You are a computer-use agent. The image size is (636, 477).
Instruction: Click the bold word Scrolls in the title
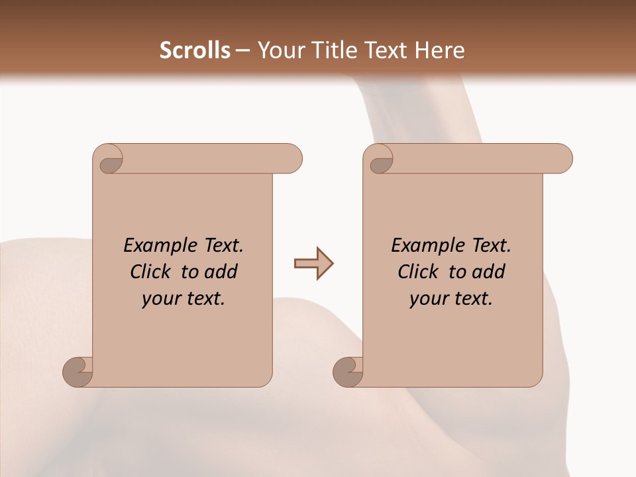pyautogui.click(x=195, y=50)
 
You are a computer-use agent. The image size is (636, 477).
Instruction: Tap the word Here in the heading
pyautogui.click(x=439, y=50)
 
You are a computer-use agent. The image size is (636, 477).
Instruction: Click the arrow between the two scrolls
pyautogui.click(x=313, y=264)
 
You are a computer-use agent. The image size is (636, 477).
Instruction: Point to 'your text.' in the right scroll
pyautogui.click(x=451, y=299)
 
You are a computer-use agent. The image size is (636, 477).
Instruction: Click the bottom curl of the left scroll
pyautogui.click(x=77, y=372)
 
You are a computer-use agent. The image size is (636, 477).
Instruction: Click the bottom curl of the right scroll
pyautogui.click(x=347, y=372)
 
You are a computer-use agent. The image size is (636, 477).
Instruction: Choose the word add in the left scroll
pyautogui.click(x=222, y=272)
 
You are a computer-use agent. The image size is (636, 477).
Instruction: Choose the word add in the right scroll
pyautogui.click(x=490, y=272)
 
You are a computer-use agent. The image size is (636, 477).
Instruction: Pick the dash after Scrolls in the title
pyautogui.click(x=242, y=51)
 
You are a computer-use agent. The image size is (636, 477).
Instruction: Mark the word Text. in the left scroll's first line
pyautogui.click(x=221, y=245)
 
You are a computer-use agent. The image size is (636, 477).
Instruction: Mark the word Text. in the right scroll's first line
pyautogui.click(x=488, y=245)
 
